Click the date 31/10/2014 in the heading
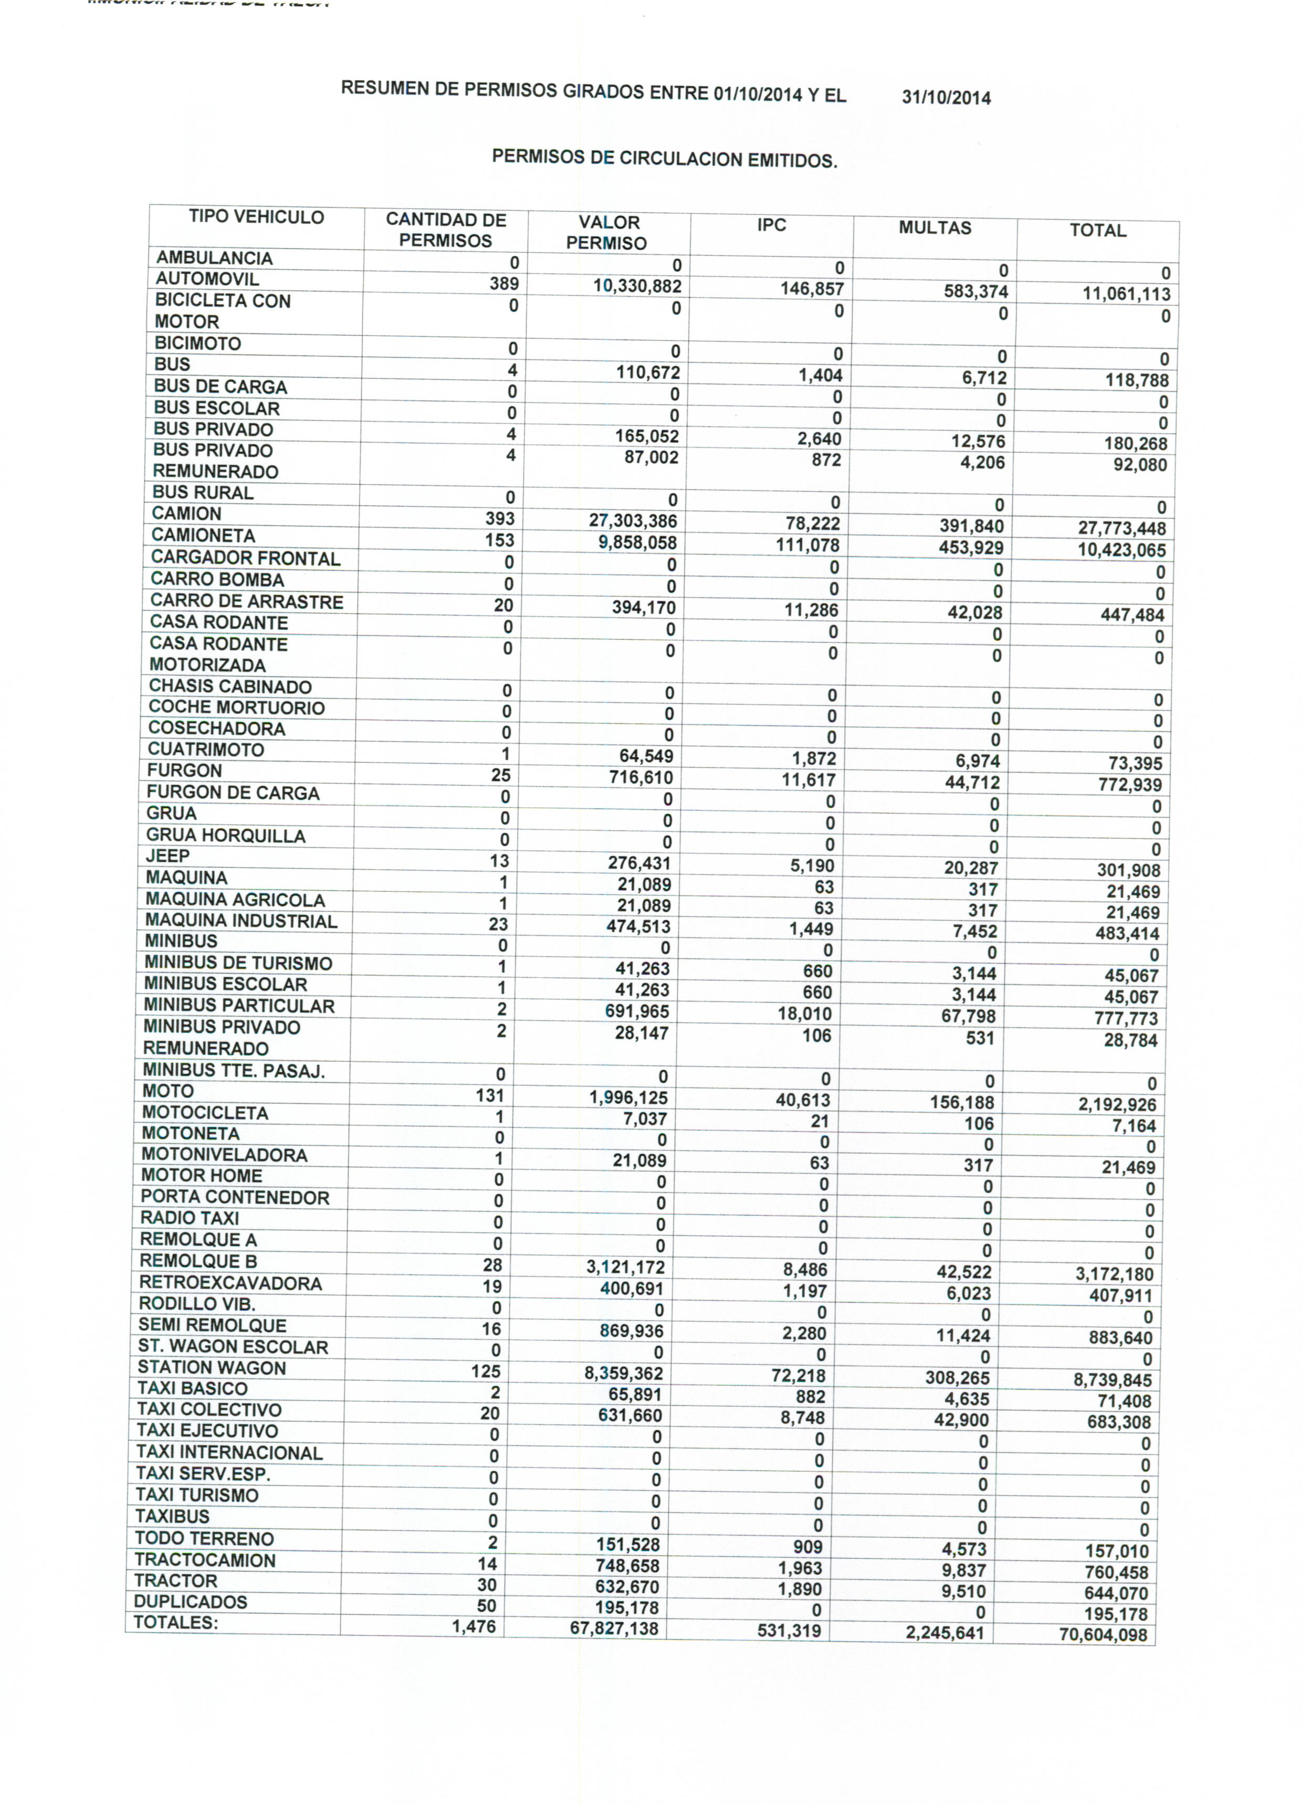pos(946,98)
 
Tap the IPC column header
pos(771,225)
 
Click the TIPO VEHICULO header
pos(256,217)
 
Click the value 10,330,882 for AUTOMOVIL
pos(637,287)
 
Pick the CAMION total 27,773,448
pos(1121,528)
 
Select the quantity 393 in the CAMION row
pos(500,519)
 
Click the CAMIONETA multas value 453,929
pos(970,548)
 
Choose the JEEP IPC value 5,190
pos(812,866)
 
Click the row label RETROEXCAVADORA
pos(230,1283)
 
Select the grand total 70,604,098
pos(1102,1635)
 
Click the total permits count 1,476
pos(474,1627)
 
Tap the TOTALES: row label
pos(175,1623)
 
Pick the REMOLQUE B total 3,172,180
pos(1114,1274)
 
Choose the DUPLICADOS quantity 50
pos(486,1606)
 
